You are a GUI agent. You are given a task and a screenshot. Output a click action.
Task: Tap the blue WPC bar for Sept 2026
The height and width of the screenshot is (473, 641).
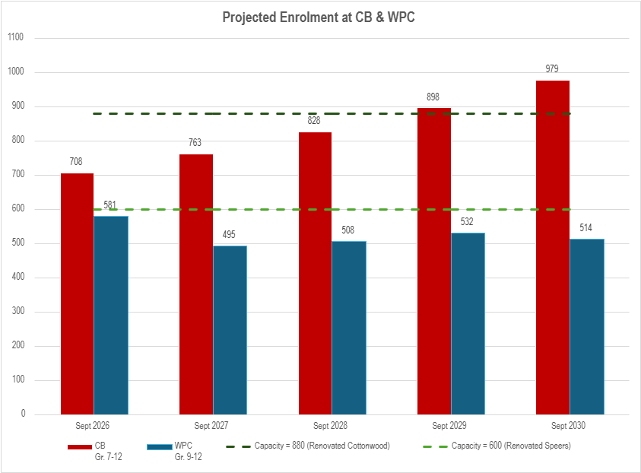(x=111, y=315)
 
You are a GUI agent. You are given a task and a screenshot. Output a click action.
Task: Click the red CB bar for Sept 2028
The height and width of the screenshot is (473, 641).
(x=315, y=273)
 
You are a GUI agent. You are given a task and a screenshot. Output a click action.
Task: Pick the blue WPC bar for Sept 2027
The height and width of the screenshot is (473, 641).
(x=230, y=330)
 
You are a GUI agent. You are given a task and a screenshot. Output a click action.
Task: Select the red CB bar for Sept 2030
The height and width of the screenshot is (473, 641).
(x=553, y=247)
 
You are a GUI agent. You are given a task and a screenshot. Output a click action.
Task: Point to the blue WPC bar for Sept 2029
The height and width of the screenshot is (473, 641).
(x=468, y=323)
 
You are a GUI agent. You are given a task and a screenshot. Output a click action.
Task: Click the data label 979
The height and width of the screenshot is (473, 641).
(x=552, y=69)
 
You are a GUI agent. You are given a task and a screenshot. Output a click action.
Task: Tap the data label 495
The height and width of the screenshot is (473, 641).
(x=229, y=234)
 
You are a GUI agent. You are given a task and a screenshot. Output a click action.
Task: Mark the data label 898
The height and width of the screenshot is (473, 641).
(x=433, y=97)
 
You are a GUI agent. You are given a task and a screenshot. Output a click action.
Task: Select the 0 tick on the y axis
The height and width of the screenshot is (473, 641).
(x=23, y=414)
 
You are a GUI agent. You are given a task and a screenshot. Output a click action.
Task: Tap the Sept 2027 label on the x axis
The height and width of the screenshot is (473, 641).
(x=212, y=426)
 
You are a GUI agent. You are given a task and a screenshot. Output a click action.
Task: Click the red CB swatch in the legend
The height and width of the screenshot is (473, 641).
(x=79, y=446)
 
